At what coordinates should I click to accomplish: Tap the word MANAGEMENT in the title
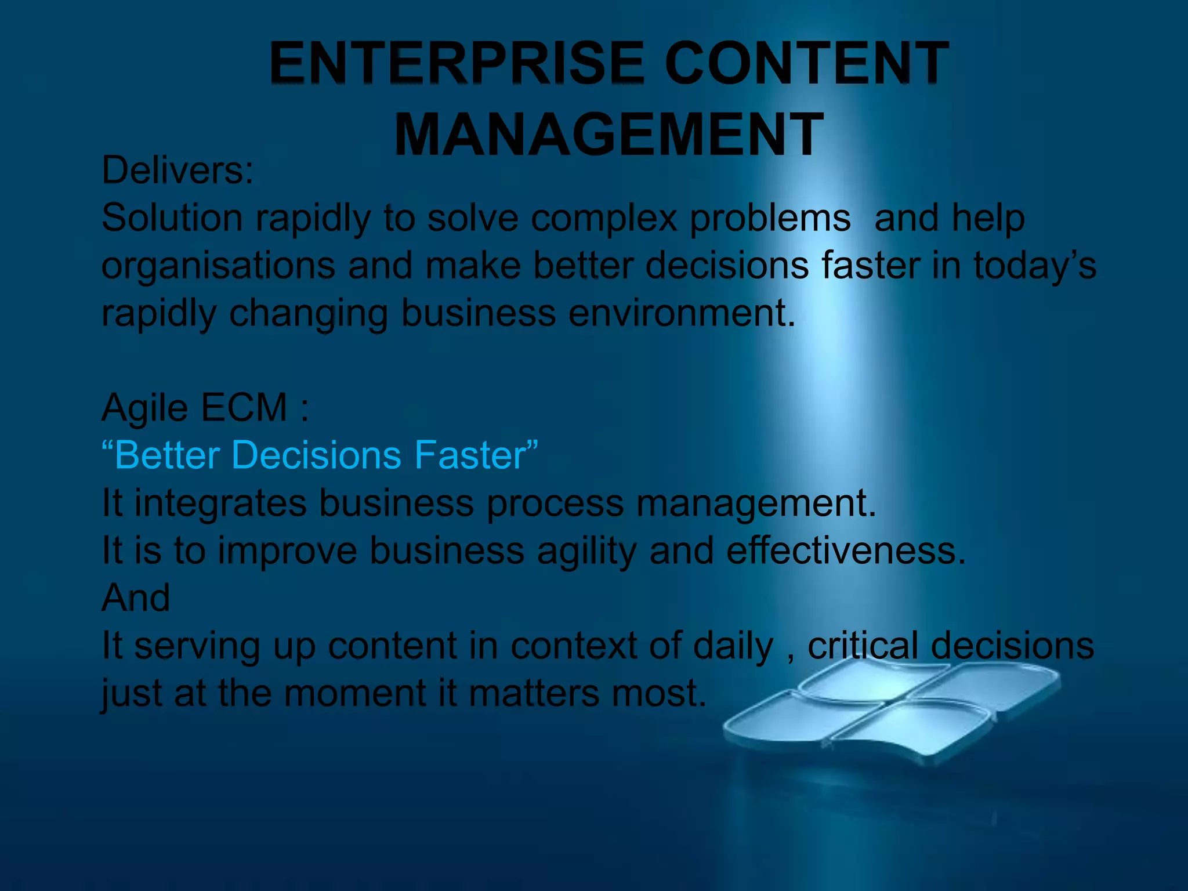coord(609,135)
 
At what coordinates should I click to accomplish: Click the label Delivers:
coord(178,171)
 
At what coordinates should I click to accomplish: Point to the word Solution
coord(172,218)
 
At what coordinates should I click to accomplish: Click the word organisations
coord(218,267)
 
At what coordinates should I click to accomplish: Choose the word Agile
coord(145,408)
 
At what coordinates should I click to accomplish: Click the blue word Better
coord(167,455)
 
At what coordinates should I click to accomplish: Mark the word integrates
coord(220,504)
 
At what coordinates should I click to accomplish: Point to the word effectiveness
coord(846,550)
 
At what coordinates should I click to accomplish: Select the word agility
coord(587,551)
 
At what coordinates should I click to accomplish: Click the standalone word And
coord(136,597)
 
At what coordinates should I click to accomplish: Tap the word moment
coord(355,693)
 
